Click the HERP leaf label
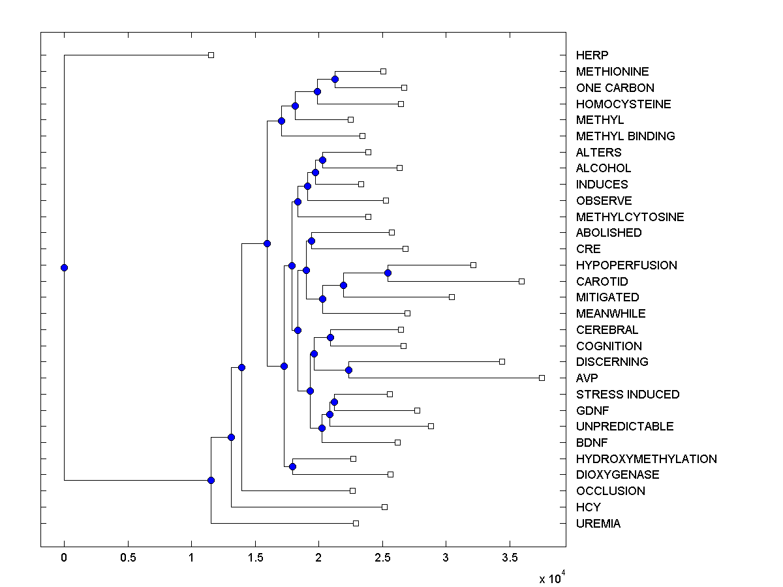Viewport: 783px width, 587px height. point(592,55)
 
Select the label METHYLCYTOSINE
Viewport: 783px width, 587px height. point(630,217)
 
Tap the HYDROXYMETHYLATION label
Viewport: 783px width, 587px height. point(646,459)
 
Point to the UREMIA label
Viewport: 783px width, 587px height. point(598,524)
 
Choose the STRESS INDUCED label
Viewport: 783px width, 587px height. point(627,395)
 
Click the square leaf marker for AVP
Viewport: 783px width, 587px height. point(542,378)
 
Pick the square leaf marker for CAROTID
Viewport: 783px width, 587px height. point(521,281)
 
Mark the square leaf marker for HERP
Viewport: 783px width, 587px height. point(211,55)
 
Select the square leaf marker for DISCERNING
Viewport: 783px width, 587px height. point(502,361)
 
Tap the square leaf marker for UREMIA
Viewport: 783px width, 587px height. point(356,523)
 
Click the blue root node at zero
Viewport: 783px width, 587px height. point(64,267)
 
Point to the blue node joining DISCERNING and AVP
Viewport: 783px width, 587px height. point(348,370)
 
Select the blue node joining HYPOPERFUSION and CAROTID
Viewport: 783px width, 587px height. point(388,273)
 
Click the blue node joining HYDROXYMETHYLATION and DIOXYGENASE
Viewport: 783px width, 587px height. point(292,466)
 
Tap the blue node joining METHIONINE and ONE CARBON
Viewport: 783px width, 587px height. point(335,79)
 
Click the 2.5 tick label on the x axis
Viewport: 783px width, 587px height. point(382,558)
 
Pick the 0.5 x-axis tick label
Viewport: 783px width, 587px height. point(128,558)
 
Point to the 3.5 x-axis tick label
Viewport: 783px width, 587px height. point(510,558)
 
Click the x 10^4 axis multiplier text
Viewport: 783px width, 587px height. point(551,578)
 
